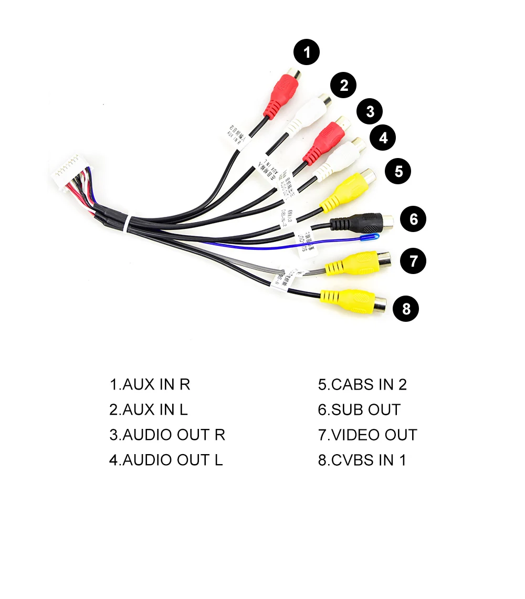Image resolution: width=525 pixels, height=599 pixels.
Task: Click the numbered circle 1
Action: click(307, 52)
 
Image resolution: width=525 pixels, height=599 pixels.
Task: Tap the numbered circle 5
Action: click(398, 171)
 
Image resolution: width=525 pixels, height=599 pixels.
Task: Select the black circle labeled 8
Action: click(406, 309)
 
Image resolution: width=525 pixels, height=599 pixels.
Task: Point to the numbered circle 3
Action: click(370, 111)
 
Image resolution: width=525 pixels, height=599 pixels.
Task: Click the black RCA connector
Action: click(363, 223)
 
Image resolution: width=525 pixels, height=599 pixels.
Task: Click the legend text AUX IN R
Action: click(150, 384)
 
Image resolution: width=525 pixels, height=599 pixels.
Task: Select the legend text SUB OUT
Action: click(359, 409)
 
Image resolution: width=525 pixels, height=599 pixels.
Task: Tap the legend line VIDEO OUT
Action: click(367, 435)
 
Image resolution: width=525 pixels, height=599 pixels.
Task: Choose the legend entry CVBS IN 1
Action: click(362, 460)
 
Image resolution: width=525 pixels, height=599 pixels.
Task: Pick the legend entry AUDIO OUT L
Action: click(166, 460)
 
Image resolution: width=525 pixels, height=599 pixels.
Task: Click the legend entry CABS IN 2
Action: click(362, 384)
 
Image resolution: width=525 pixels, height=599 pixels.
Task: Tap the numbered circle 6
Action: click(413, 219)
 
